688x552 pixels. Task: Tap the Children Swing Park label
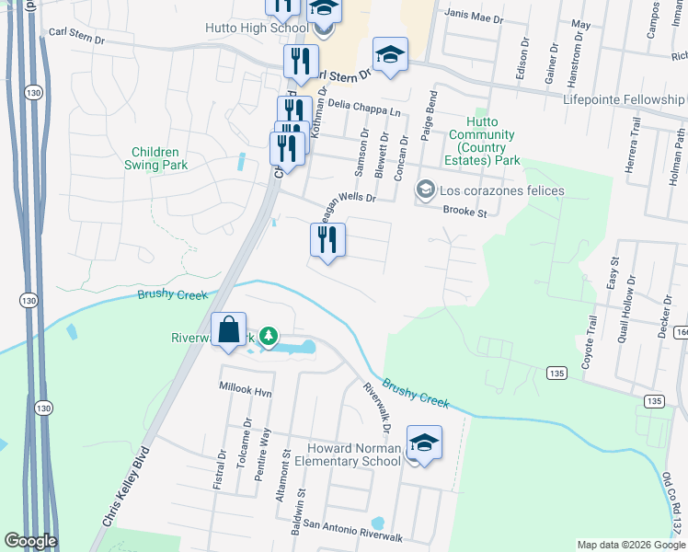pyautogui.click(x=160, y=158)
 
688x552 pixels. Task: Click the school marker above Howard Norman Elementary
pyautogui.click(x=424, y=443)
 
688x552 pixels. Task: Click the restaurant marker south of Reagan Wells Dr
pyautogui.click(x=327, y=242)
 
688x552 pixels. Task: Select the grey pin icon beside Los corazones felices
pyautogui.click(x=425, y=190)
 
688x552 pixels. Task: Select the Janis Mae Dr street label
pyautogui.click(x=474, y=17)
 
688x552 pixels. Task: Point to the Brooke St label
pyautogui.click(x=464, y=211)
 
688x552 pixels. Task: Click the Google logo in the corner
pyautogui.click(x=30, y=541)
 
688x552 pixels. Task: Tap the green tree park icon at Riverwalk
pyautogui.click(x=268, y=337)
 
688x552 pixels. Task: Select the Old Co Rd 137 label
pyautogui.click(x=674, y=505)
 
